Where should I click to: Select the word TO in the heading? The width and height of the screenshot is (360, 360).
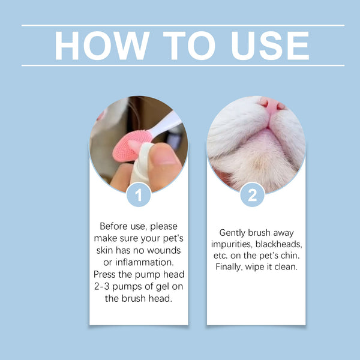coord(182,46)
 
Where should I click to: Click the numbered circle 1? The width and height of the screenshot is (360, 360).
coord(138,195)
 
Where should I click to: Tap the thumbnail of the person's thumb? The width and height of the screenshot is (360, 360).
coord(164,158)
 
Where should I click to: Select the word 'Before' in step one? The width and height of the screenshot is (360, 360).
coord(114,226)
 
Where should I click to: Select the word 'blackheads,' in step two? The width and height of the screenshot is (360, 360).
coord(281,244)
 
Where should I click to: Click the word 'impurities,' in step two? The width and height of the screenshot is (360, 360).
coord(233,244)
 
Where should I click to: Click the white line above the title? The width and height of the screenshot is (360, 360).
coord(183,25)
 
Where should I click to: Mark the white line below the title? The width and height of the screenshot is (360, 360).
coord(183,65)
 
